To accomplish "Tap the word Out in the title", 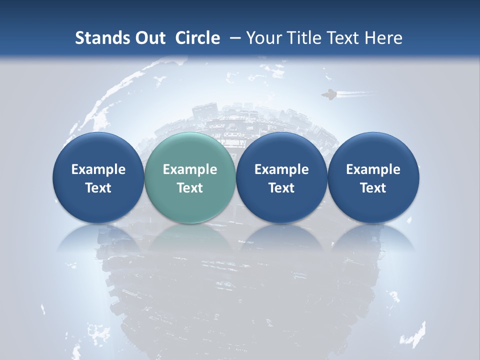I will tap(149, 38).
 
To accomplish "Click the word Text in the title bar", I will tap(343, 38).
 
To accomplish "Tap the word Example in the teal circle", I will tap(190, 169).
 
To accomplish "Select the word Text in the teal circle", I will tap(190, 188).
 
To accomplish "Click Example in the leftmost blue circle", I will tap(98, 169).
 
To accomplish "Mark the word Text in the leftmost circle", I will tap(98, 188).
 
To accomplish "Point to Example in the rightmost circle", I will tap(373, 169).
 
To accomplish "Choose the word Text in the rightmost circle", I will tap(373, 188).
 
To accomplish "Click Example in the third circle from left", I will tap(281, 169).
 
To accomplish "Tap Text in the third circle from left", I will tap(281, 188).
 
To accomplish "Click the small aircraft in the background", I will tap(328, 94).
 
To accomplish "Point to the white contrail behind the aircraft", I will tap(355, 93).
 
